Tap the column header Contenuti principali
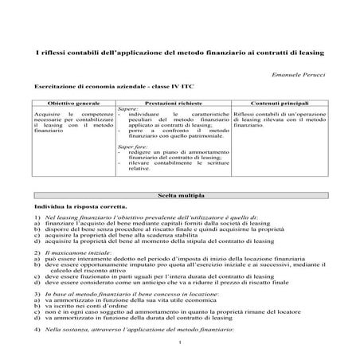coord(286,104)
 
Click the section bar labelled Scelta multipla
coord(180,194)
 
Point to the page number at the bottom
coord(181,343)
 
